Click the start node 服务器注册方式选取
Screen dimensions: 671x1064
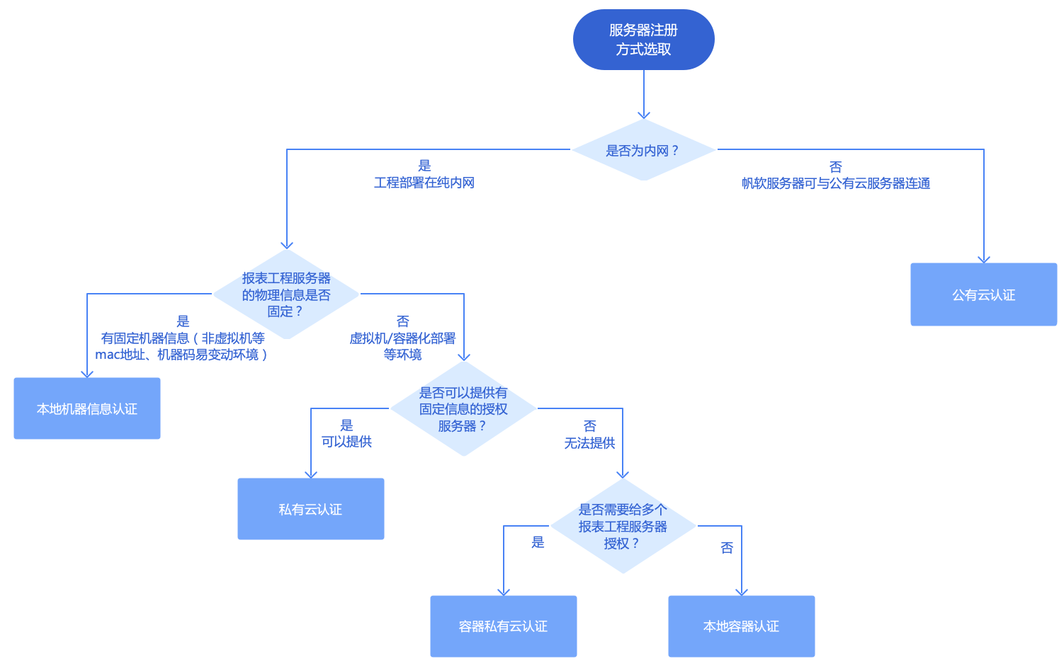pos(643,40)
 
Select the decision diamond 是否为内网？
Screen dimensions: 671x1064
pos(643,150)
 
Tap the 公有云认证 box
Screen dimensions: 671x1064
pos(983,294)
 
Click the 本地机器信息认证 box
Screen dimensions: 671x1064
pos(87,408)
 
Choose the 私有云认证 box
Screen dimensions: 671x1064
pos(311,509)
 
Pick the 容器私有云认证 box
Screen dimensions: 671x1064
pos(504,626)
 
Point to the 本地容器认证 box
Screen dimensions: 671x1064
pos(742,626)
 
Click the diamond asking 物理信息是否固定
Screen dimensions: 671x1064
pos(286,294)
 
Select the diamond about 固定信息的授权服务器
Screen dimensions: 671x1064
pos(463,409)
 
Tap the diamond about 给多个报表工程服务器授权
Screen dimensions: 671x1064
pos(623,526)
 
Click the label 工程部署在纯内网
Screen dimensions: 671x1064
pos(424,183)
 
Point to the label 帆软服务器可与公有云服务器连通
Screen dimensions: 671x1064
pos(836,183)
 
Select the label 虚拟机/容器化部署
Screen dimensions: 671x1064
pos(402,338)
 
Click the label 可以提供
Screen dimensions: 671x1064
pos(346,442)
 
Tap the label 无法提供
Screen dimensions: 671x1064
pos(589,443)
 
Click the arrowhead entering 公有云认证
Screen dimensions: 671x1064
pos(984,259)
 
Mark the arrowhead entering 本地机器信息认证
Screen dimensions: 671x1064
pos(87,373)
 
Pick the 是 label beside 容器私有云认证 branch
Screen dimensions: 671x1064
pos(538,542)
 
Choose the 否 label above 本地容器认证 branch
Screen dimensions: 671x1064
pos(727,548)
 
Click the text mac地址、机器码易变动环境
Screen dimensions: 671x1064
pos(181,355)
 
